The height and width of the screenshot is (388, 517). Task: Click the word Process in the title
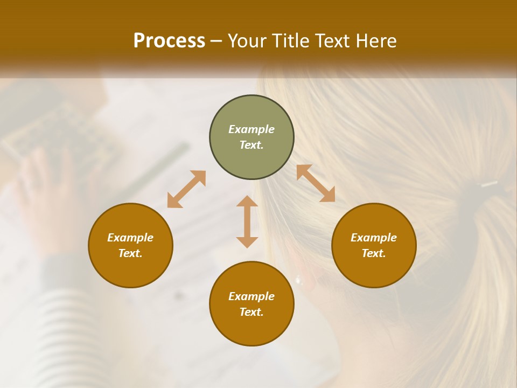point(169,41)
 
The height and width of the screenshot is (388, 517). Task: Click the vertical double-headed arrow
point(247,221)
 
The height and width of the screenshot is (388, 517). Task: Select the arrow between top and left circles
point(186,189)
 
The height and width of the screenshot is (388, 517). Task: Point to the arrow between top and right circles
point(316,183)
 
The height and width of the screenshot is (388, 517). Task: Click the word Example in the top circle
point(251,129)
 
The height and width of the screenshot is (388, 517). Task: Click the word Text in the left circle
point(130,253)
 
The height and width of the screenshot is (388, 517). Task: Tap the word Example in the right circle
point(374,238)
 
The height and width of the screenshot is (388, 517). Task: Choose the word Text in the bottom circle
point(251,312)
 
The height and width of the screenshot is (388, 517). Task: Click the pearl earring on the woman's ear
point(298,280)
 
